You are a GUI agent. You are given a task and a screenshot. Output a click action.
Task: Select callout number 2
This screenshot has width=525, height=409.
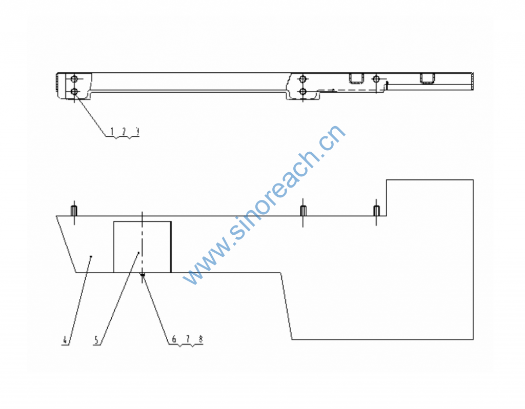point(124,131)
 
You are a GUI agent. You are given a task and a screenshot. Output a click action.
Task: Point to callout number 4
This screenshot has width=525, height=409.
point(65,339)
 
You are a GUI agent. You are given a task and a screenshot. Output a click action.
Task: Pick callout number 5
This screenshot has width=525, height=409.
point(96,339)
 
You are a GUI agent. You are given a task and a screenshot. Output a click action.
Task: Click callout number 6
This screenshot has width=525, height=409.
point(174,339)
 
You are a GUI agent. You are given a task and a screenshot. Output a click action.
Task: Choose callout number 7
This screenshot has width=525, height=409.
point(188,339)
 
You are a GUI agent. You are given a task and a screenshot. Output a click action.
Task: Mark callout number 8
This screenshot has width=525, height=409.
point(200,339)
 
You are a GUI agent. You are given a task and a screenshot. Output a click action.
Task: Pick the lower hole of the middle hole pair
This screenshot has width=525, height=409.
point(303,92)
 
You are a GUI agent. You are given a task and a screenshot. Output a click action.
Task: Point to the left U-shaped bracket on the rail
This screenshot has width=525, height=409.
point(356,78)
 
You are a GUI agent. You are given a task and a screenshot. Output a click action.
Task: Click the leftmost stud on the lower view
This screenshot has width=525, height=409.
point(74,211)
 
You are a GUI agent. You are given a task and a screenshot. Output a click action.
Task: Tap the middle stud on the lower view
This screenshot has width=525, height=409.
point(304,211)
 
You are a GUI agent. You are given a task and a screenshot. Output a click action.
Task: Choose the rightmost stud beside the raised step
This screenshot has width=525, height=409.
point(376,211)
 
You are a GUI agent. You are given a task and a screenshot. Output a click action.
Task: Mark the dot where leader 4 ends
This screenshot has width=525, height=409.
point(91,256)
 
